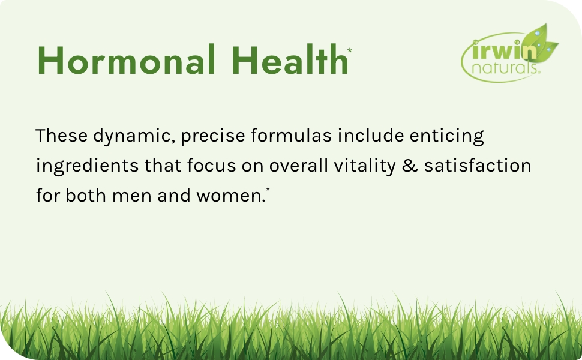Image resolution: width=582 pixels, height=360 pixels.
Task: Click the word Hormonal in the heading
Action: [x=126, y=59]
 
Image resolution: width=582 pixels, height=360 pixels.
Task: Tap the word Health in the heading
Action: [x=290, y=59]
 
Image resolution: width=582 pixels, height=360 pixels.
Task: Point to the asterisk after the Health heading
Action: [x=350, y=50]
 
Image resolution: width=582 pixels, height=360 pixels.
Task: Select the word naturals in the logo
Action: [x=504, y=68]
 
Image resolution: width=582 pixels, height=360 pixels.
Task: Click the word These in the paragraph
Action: [x=61, y=136]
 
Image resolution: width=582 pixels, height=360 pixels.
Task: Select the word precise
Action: [x=213, y=137]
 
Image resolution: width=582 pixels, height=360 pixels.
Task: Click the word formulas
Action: [x=292, y=136]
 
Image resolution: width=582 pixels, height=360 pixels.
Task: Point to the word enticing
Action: [x=447, y=137]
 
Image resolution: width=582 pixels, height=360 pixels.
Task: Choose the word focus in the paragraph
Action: [x=212, y=166]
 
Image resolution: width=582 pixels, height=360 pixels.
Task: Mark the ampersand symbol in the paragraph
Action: [x=410, y=166]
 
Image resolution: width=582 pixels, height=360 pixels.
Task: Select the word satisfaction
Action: [x=478, y=166]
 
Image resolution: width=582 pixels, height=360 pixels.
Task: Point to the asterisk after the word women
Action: [x=268, y=190]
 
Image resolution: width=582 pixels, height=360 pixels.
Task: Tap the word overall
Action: [x=299, y=166]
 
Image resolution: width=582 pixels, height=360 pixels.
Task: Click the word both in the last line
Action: [x=86, y=195]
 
